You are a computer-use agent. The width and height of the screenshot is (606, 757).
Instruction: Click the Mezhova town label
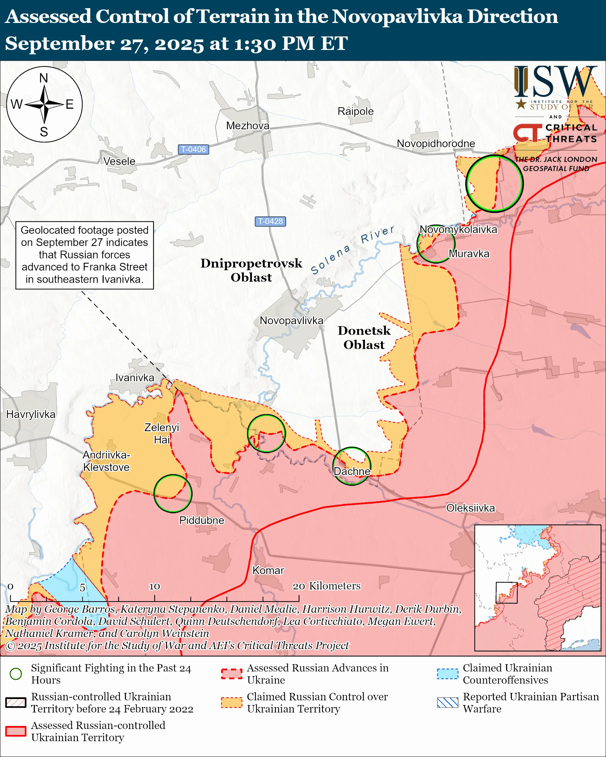click(x=248, y=126)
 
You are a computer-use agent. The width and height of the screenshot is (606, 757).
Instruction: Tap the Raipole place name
click(x=355, y=111)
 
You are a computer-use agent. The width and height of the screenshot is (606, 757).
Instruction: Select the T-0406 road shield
click(x=193, y=149)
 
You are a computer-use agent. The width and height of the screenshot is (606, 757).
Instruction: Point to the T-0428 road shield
click(x=270, y=221)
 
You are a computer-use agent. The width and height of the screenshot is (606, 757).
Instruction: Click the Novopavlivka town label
click(x=291, y=320)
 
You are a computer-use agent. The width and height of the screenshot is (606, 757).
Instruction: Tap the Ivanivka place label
click(x=135, y=377)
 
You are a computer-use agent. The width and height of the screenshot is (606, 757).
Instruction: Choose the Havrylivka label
click(x=31, y=414)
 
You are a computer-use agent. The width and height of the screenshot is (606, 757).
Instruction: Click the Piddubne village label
click(x=201, y=520)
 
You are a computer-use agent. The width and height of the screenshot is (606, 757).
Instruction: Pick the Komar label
click(x=268, y=570)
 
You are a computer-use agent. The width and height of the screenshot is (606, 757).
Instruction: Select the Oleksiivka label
click(x=470, y=508)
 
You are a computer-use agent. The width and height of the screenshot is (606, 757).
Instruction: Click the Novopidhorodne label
click(x=436, y=144)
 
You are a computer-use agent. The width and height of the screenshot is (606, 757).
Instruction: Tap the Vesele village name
click(x=120, y=161)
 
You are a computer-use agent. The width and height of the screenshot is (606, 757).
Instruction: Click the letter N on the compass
click(x=44, y=78)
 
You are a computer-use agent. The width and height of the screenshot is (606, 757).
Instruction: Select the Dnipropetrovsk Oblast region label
click(x=251, y=270)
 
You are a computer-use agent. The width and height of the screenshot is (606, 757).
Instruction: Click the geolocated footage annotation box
click(x=85, y=255)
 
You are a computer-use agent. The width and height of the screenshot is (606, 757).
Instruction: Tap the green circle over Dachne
click(x=352, y=466)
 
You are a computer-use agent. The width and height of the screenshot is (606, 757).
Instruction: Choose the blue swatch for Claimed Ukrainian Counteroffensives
click(x=448, y=674)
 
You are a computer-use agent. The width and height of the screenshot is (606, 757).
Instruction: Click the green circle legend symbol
click(x=16, y=674)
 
